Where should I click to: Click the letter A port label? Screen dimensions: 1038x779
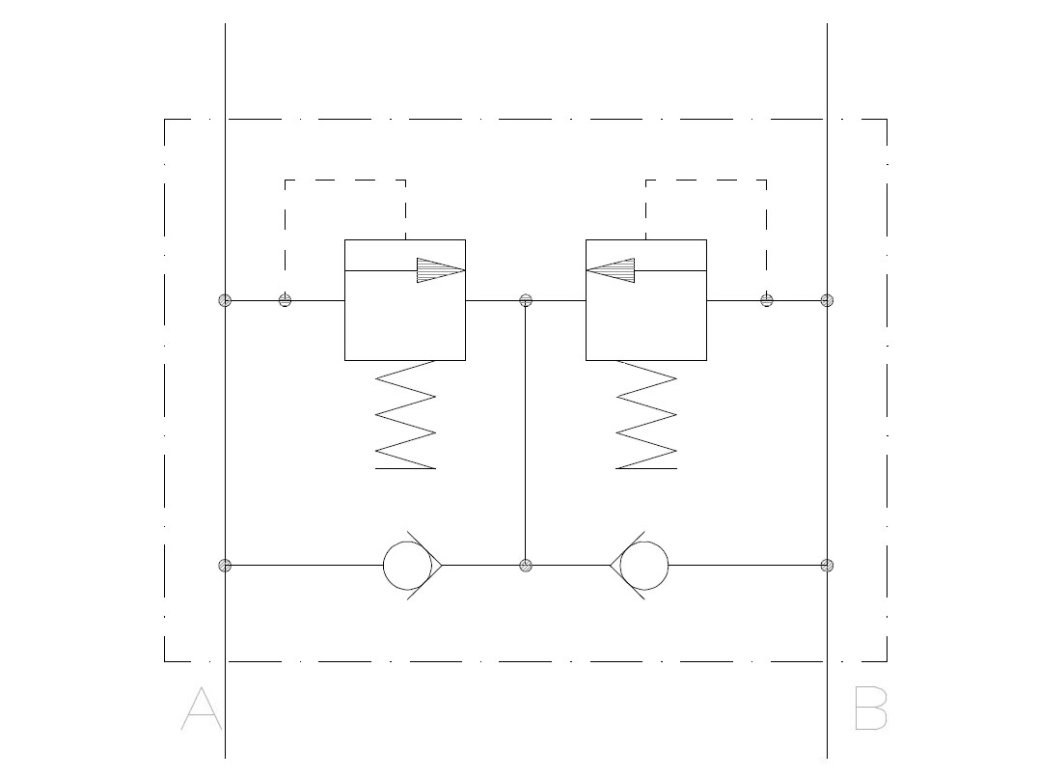(x=202, y=709)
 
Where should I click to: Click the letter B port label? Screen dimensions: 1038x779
(x=870, y=709)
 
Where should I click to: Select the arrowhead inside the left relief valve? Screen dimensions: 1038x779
(x=441, y=270)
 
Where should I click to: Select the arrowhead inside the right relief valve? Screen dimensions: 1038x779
(x=611, y=270)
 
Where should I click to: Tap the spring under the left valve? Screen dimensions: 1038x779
(x=405, y=415)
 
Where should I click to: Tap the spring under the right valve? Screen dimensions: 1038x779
(x=646, y=415)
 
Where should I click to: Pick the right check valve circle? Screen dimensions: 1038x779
(x=668, y=566)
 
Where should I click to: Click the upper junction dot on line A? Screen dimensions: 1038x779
(x=225, y=301)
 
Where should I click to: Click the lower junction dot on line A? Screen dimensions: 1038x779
(x=225, y=566)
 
